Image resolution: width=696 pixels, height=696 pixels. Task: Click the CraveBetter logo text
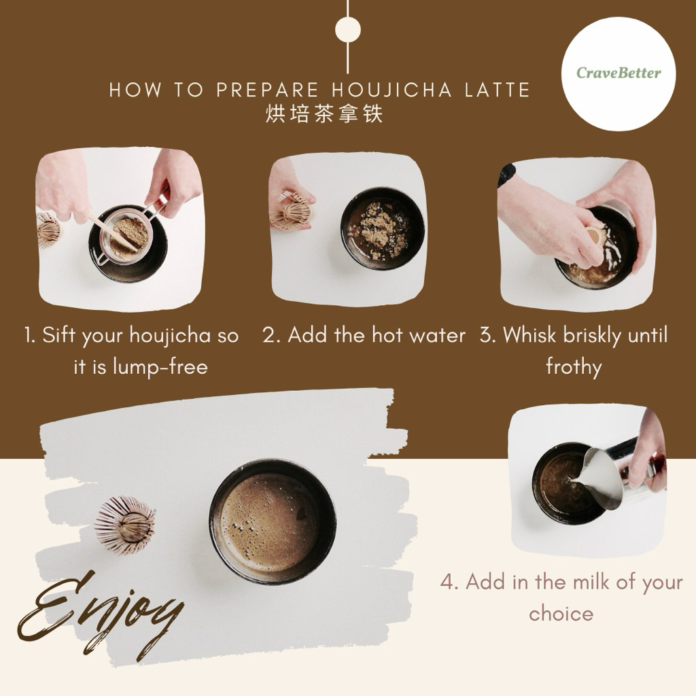619,72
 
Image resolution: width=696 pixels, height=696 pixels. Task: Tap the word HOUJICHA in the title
392,90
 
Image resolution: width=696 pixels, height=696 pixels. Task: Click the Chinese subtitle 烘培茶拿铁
324,114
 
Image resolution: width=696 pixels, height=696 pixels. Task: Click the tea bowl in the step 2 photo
383,228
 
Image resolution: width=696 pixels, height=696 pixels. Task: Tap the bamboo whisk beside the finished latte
125,525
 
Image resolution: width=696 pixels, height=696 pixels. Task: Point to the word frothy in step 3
574,367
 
